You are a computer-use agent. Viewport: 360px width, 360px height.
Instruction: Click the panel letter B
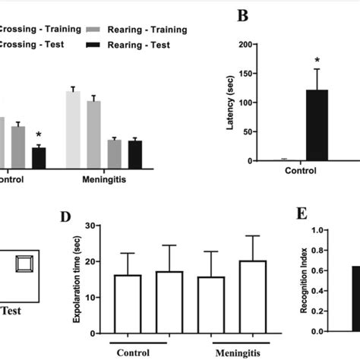pos(244,15)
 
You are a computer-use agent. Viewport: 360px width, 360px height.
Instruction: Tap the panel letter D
pos(66,217)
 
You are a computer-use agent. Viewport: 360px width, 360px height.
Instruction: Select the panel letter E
pos(302,213)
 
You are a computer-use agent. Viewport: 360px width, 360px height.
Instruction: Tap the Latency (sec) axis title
pos(231,103)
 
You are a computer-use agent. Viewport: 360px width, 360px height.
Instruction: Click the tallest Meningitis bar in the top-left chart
pos(73,129)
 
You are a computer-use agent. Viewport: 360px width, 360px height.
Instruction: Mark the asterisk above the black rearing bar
pos(39,134)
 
